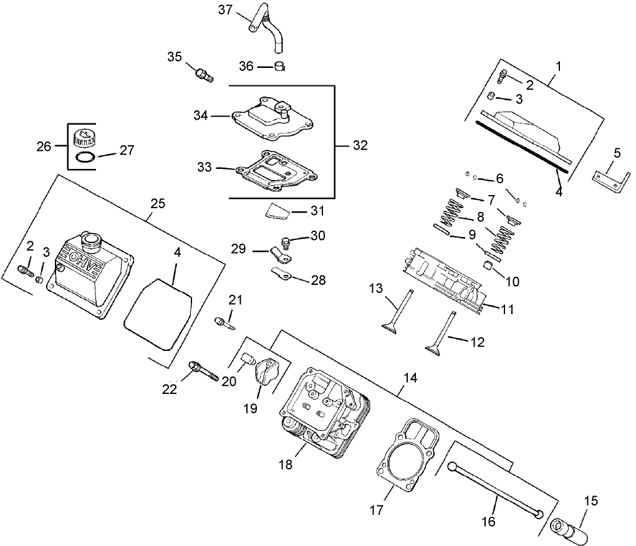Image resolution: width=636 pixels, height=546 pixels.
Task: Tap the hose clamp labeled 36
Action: tap(281, 66)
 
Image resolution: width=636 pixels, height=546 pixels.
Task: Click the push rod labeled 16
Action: tap(493, 489)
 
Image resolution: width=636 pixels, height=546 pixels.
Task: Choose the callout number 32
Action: tap(360, 145)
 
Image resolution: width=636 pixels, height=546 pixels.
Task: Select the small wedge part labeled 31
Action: tap(277, 212)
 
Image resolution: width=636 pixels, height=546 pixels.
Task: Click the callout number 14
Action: tap(410, 378)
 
